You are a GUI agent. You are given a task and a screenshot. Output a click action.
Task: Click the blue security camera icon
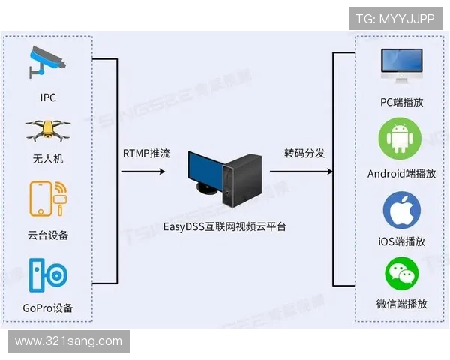tap(47, 62)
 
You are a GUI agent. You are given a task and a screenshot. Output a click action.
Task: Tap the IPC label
tap(48, 97)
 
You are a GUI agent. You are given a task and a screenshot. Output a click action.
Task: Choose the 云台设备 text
tap(48, 235)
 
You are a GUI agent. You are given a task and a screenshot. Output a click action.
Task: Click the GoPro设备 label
tap(48, 308)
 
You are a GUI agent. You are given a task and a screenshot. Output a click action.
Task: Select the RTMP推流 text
tap(146, 154)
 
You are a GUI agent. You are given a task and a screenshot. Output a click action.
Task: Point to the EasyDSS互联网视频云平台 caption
tap(225, 226)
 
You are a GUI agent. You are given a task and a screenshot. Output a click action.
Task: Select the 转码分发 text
tap(304, 154)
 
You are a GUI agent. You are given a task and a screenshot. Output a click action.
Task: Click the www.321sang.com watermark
tap(68, 341)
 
